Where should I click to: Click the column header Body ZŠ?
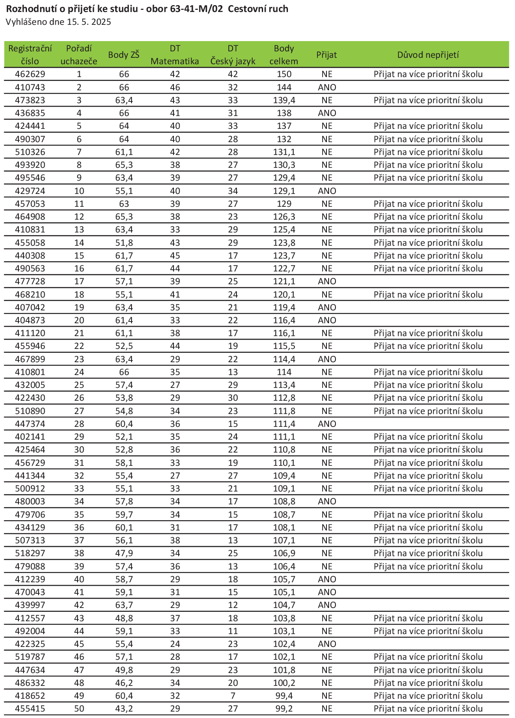[x=123, y=55]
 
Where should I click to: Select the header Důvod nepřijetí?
[x=428, y=55]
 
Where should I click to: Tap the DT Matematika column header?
[x=175, y=55]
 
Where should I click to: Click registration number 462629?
[x=30, y=74]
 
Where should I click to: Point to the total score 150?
[x=284, y=74]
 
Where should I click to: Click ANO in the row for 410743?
[x=327, y=87]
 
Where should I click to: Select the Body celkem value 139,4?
[x=284, y=100]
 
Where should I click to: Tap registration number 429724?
[x=30, y=191]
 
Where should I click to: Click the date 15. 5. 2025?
[x=89, y=22]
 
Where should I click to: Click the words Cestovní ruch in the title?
[x=258, y=9]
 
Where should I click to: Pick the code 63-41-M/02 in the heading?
[x=200, y=9]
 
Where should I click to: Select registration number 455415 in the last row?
[x=30, y=709]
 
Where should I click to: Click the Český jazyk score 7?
[x=233, y=696]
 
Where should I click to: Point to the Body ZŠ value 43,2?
[x=124, y=709]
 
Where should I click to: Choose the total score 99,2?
[x=284, y=709]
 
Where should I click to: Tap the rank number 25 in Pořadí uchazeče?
[x=79, y=385]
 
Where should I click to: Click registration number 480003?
[x=30, y=501]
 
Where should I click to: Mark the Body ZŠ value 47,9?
[x=124, y=553]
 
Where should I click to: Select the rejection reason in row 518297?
[x=428, y=553]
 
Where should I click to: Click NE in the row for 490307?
[x=327, y=139]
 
